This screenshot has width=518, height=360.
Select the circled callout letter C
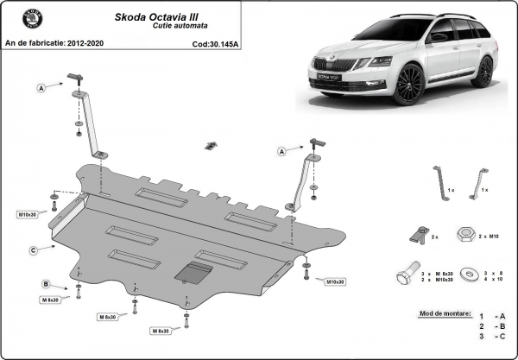pyautogui.click(x=33, y=250)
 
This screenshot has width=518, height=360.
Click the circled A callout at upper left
pyautogui.click(x=41, y=87)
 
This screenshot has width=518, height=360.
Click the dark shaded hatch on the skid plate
pyautogui.click(x=193, y=273)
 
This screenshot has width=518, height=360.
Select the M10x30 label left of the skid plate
pyautogui.click(x=28, y=213)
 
